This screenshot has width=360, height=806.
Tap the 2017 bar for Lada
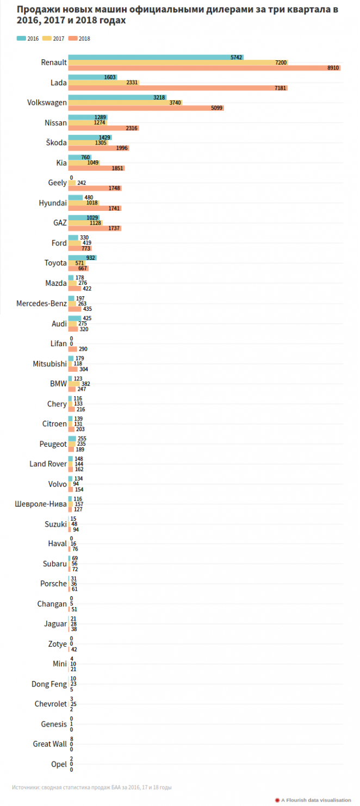tap(103, 83)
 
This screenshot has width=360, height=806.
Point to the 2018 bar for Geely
tap(95, 188)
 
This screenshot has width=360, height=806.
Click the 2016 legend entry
tap(28, 39)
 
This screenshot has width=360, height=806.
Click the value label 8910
tap(333, 68)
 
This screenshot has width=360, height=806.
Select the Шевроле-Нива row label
tap(41, 504)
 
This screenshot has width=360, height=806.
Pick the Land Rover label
tap(48, 464)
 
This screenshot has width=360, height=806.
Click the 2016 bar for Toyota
tap(82, 258)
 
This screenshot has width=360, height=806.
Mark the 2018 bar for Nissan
tap(103, 128)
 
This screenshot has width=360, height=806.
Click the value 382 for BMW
tap(85, 384)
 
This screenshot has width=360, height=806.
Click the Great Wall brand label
tap(49, 744)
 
